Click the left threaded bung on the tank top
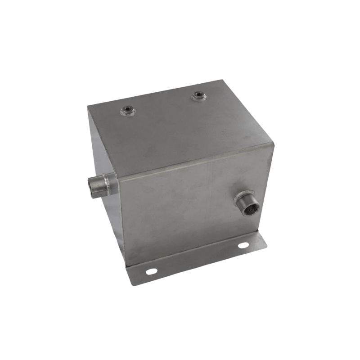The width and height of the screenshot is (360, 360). click(x=128, y=110)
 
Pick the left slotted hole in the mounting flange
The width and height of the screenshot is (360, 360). click(x=151, y=271)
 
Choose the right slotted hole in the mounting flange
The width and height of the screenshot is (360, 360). click(x=243, y=245)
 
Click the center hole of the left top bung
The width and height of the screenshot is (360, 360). click(x=128, y=110)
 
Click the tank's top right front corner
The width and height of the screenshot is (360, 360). click(x=273, y=144)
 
